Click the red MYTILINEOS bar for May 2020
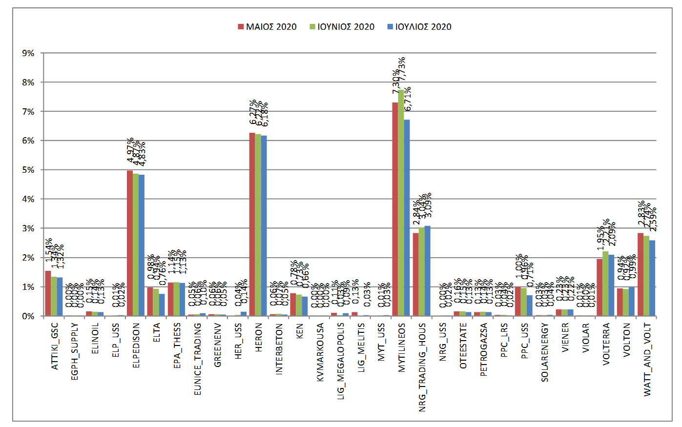(395, 210)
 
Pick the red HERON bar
(252, 224)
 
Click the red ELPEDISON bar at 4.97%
(129, 244)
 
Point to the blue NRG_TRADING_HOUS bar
(427, 271)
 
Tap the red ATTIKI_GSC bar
(48, 293)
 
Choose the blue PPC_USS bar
(529, 305)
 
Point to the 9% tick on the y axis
(28, 53)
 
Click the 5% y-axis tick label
(28, 170)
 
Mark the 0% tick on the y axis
(28, 316)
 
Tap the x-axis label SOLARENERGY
(545, 352)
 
